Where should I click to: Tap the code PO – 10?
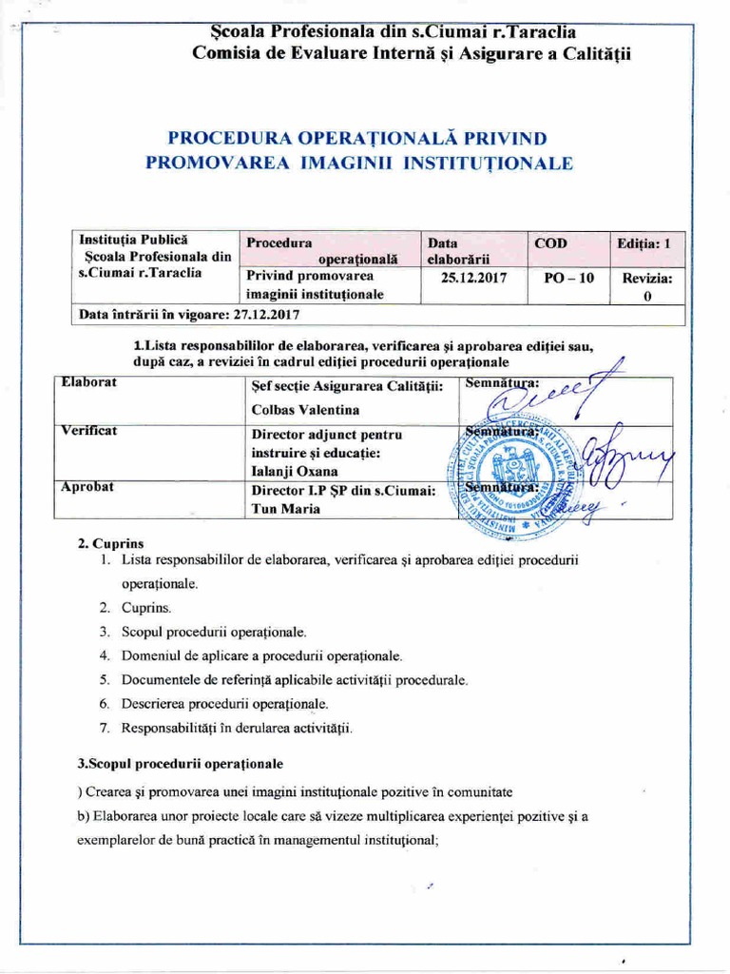coord(562,279)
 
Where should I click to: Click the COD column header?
coord(549,243)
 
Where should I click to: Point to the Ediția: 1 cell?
coord(644,243)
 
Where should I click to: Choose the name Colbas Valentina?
coord(304,410)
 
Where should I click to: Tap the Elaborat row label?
coord(88,383)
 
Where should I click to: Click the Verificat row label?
coord(90,431)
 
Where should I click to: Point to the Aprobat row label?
coord(87,486)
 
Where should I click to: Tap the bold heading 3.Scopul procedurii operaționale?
coord(180,764)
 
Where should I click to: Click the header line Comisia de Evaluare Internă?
coord(411,53)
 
